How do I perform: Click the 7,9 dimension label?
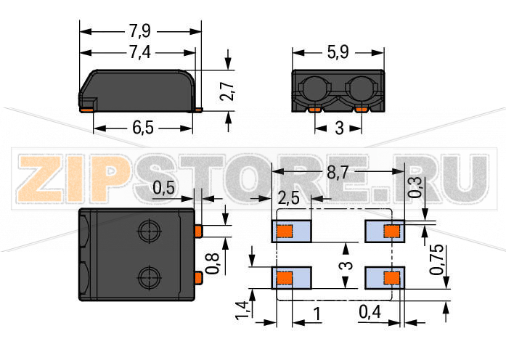pos(140,31)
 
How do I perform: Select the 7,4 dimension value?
pos(140,52)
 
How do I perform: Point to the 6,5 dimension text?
pos(143,128)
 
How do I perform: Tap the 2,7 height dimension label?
pos(227,91)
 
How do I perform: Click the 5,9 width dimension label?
pos(338,52)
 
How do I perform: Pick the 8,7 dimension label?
pos(338,173)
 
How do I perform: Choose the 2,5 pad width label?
pos(288,198)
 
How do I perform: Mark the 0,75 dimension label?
pos(436,260)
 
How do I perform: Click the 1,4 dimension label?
pos(242,311)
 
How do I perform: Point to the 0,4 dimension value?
pos(370,312)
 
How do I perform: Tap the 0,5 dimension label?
pos(163,188)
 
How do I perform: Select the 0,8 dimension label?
pos(213,263)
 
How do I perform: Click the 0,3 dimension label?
pos(416,187)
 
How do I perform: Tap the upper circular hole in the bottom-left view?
pos(150,231)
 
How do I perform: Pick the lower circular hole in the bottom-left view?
pos(150,277)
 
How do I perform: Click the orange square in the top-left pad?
pos(285,232)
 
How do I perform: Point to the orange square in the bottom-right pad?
pos(392,278)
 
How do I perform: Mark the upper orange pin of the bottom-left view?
pos(198,231)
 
